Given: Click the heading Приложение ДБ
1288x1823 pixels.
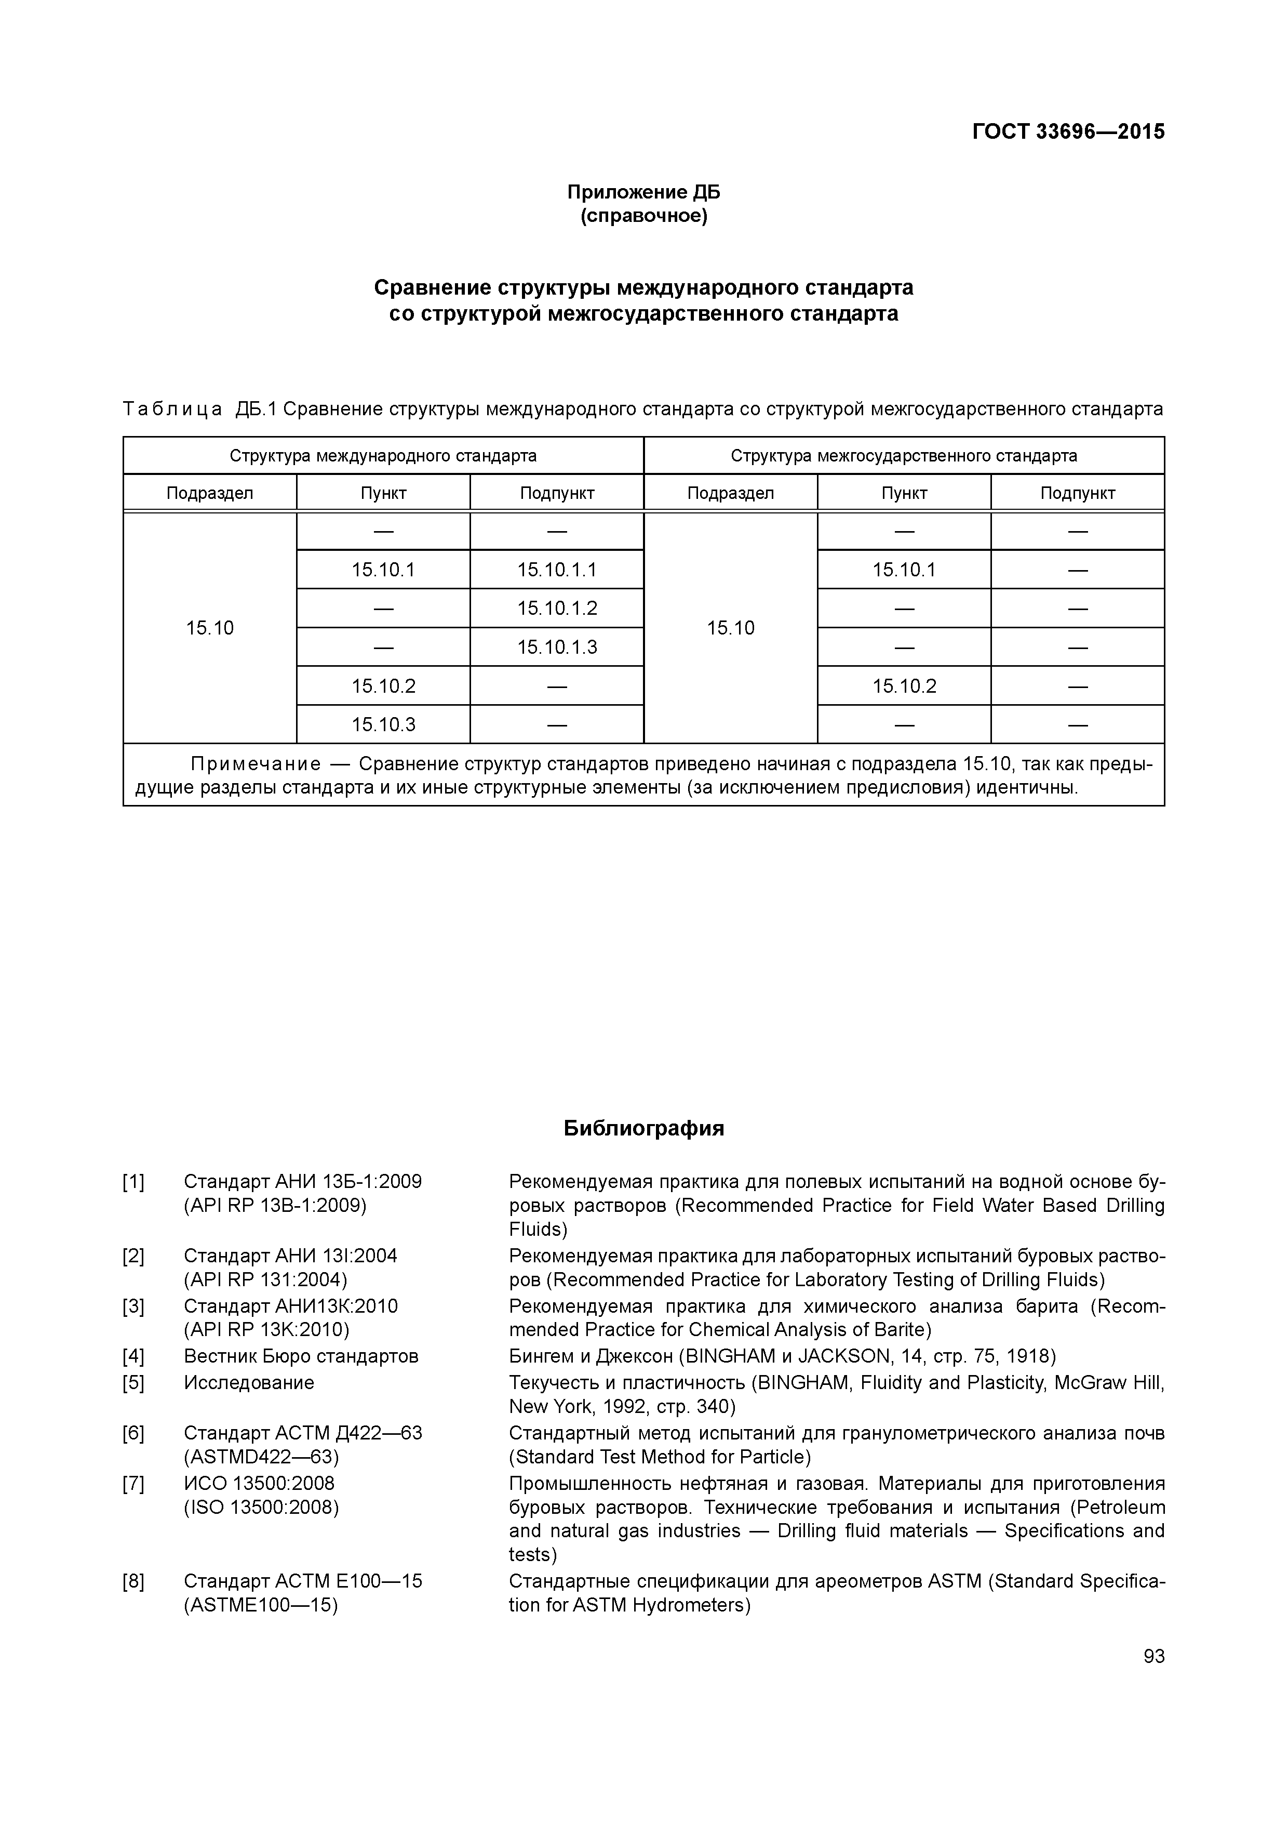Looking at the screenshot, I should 643,192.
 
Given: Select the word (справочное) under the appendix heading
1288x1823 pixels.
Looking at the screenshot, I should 643,216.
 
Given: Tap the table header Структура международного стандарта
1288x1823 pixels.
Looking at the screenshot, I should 383,456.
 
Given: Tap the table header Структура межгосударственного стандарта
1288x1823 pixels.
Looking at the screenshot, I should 904,456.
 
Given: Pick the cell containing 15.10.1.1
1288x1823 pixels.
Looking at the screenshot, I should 557,569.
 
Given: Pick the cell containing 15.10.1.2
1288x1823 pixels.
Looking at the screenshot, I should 557,608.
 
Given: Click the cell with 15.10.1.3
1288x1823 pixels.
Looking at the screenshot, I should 557,647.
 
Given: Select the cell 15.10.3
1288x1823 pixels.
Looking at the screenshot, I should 383,724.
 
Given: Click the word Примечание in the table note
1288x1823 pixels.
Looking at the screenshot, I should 256,764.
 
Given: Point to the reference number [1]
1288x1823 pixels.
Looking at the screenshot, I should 133,1182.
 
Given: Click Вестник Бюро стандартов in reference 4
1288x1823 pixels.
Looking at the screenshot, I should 301,1356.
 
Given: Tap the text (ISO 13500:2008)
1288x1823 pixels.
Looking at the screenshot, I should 261,1507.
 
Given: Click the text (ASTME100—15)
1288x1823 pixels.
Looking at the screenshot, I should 261,1605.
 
